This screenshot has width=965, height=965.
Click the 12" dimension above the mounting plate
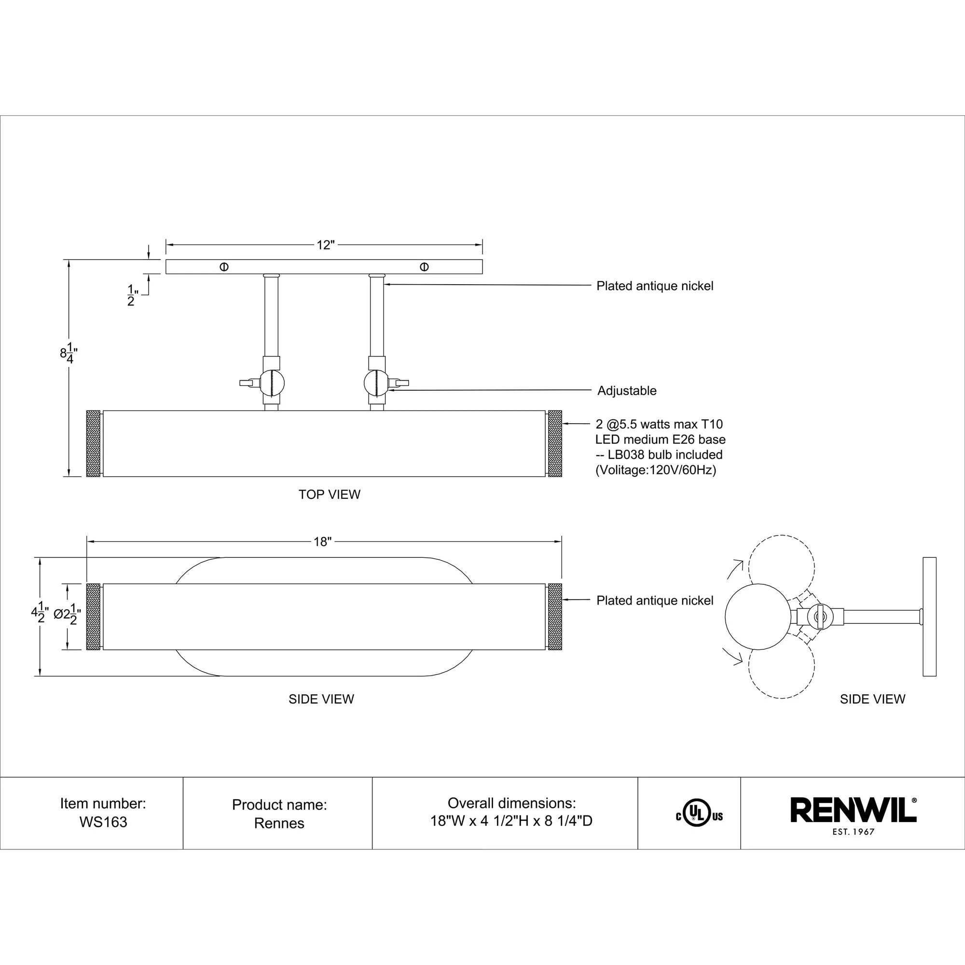325,245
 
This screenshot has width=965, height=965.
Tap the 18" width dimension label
323,541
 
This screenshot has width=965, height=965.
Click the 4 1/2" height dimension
40,614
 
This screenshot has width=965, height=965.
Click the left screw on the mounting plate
224,267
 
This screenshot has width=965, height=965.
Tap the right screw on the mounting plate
424,267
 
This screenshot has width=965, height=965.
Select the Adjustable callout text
626,391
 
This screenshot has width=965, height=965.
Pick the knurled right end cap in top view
555,443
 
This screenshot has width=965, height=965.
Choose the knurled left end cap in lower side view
94,616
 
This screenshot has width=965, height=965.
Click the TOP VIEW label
329,495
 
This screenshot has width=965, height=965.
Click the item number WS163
103,822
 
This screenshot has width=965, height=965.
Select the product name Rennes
279,823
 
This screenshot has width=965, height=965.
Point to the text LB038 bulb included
665,455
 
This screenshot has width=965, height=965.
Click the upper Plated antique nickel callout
654,286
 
